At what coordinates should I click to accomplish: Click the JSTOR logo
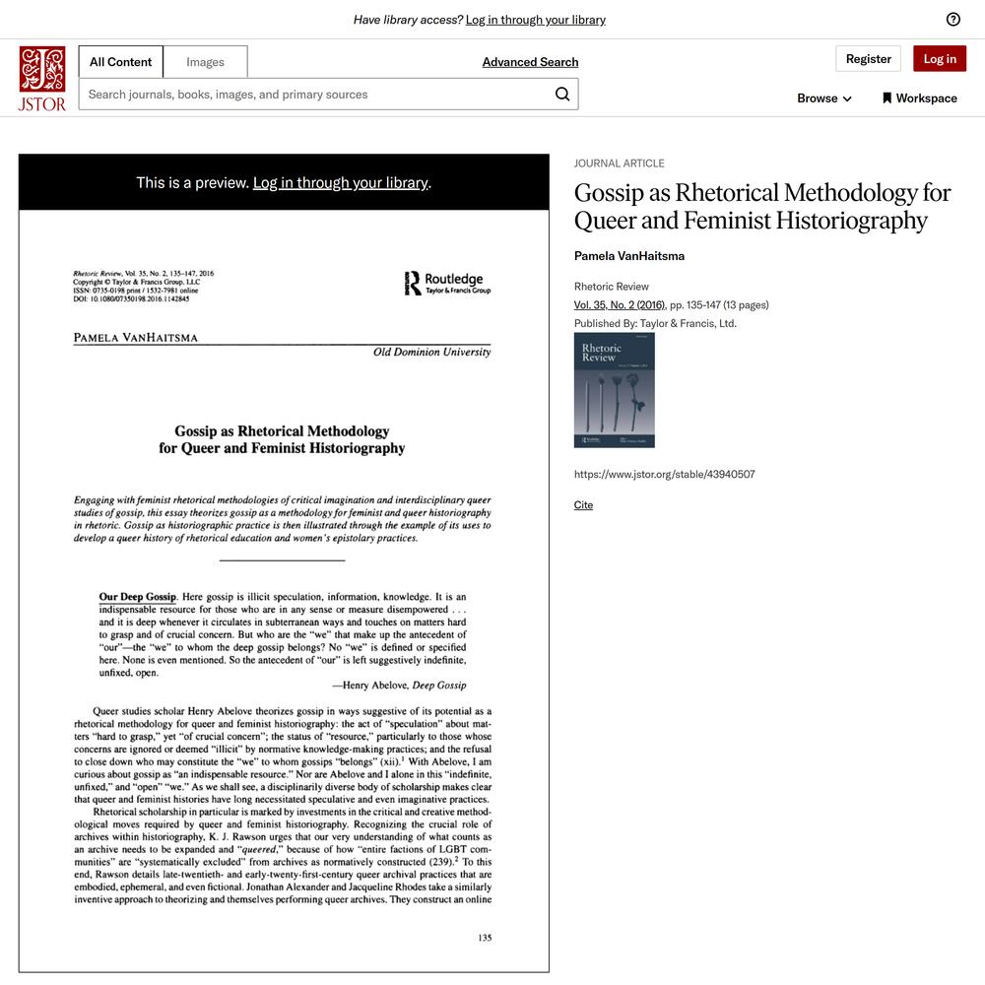click(42, 78)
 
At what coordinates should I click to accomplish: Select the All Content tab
click(120, 62)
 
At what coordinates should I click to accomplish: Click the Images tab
click(205, 62)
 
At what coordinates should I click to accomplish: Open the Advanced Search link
click(530, 62)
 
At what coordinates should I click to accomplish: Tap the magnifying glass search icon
click(562, 94)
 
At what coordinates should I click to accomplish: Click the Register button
click(868, 59)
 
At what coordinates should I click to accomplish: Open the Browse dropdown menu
click(824, 98)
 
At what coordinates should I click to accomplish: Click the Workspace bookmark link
click(919, 98)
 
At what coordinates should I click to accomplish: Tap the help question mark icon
click(952, 20)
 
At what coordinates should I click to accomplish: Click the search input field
click(315, 95)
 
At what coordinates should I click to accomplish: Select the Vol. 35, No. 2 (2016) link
click(620, 305)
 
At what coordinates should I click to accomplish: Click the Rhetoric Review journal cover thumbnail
click(614, 390)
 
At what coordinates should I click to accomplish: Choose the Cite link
click(583, 505)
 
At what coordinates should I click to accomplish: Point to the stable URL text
click(664, 475)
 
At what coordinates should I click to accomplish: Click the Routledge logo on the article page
click(447, 284)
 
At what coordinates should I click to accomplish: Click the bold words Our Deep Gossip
click(137, 597)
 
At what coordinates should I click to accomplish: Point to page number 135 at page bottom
click(485, 938)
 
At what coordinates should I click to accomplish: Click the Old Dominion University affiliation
click(431, 353)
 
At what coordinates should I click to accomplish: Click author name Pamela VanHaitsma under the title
click(628, 256)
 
